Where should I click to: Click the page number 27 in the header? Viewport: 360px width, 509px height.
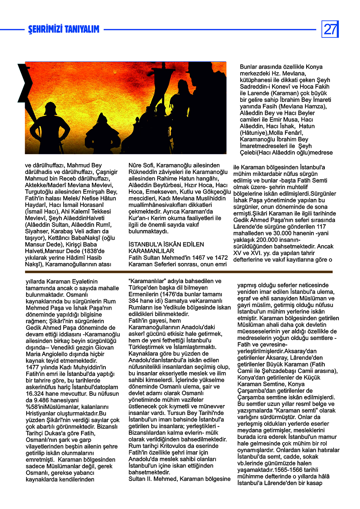click(330, 29)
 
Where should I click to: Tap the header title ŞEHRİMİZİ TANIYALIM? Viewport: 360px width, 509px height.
click(64, 30)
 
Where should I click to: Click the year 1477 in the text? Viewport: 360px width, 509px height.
click(33, 367)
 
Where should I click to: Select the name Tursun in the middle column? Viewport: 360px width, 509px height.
click(178, 413)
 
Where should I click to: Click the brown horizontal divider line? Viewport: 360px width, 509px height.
click(178, 272)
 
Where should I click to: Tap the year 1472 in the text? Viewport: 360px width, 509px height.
click(221, 258)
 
